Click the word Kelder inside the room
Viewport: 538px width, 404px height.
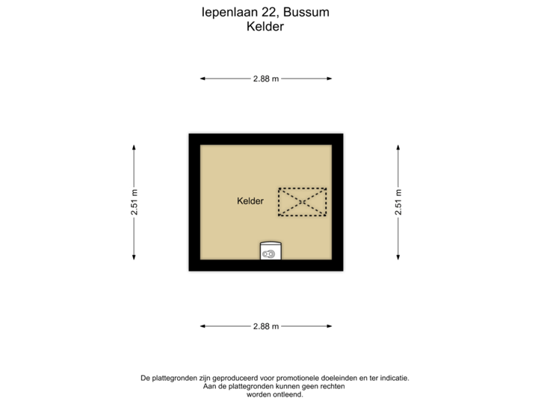(x=250, y=201)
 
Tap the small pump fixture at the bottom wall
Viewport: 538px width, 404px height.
(x=270, y=252)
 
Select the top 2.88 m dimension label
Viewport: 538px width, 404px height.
(x=266, y=79)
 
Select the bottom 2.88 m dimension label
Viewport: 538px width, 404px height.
(x=266, y=326)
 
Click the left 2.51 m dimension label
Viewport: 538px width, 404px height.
(x=134, y=202)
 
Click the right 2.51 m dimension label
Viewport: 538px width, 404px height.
(x=399, y=202)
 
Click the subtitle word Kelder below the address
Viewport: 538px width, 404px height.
(x=266, y=26)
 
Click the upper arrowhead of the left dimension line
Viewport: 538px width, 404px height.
(x=134, y=147)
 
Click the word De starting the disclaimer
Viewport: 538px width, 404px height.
(x=144, y=379)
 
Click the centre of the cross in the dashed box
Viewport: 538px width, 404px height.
(x=302, y=202)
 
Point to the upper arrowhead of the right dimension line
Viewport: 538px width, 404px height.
(x=399, y=147)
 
